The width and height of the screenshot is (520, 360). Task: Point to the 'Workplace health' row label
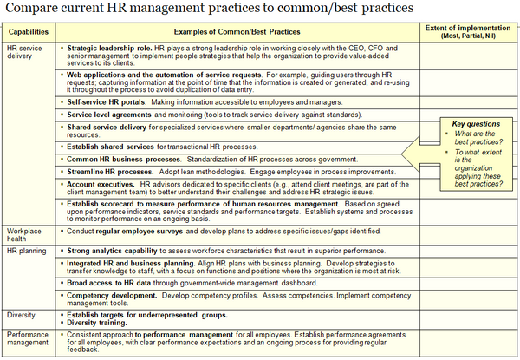[23, 235]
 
